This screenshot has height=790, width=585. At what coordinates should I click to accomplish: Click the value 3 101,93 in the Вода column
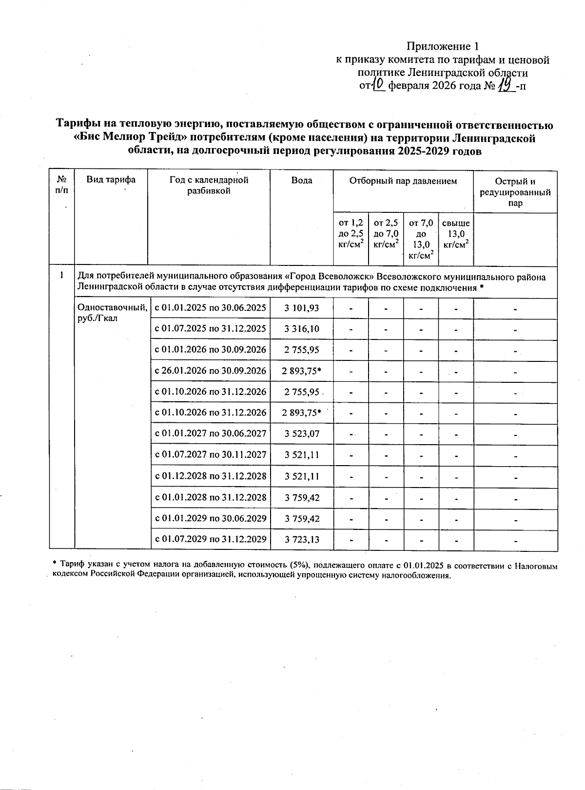tap(302, 308)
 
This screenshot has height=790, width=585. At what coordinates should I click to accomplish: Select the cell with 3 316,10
tap(302, 329)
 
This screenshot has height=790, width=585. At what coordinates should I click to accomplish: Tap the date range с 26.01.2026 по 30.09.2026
tap(210, 371)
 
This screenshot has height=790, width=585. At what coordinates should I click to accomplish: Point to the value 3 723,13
tap(302, 539)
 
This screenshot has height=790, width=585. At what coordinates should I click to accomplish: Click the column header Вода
tap(302, 181)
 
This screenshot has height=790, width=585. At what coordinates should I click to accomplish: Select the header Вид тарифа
tap(111, 180)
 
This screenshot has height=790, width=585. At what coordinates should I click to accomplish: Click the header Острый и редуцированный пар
tap(515, 192)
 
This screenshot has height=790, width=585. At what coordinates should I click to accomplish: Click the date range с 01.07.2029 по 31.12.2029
tap(210, 539)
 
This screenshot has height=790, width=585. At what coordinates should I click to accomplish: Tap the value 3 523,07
tap(302, 433)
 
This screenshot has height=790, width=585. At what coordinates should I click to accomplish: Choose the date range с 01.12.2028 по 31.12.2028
tap(210, 476)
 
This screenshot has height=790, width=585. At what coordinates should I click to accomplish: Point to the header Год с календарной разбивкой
tap(209, 185)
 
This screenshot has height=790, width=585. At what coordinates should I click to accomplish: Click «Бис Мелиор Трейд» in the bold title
tap(133, 138)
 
